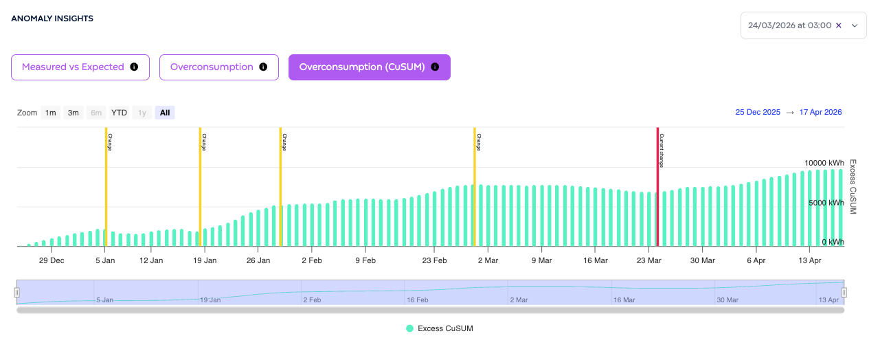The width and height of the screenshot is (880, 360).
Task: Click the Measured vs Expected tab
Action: (80, 67)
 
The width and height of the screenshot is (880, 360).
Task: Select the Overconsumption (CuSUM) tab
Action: (370, 67)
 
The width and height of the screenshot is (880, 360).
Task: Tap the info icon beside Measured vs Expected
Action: (134, 67)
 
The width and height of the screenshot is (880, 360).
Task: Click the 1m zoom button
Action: (50, 113)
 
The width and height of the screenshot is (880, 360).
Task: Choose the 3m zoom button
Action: (73, 113)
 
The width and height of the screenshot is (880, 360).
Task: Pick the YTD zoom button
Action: (119, 113)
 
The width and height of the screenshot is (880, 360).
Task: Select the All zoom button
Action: (165, 113)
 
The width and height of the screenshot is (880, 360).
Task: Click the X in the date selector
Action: (838, 25)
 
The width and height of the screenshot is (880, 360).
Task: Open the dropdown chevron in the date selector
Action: (855, 25)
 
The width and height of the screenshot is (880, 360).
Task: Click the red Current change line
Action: (657, 187)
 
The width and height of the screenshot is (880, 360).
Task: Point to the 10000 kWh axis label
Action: (824, 163)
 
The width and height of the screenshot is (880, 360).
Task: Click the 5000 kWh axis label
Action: (826, 203)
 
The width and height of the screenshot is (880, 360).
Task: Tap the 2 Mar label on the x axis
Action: (488, 260)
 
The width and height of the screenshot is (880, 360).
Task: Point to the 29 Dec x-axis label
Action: (52, 260)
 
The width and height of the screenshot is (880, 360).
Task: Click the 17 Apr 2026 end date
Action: (820, 113)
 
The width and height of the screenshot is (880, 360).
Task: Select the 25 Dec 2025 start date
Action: (758, 113)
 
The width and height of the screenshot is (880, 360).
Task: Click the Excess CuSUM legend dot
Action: (409, 328)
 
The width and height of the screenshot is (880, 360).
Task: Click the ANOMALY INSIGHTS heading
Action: (52, 19)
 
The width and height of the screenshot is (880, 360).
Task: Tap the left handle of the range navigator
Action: (17, 293)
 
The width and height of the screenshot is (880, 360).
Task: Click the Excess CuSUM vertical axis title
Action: (853, 187)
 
